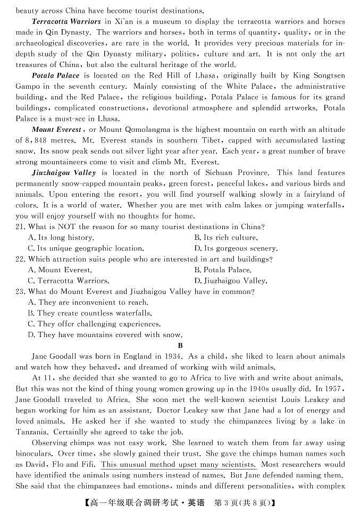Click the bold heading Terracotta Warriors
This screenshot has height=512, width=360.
point(66,21)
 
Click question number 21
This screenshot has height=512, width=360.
point(21,227)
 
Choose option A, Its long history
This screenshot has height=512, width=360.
point(61,238)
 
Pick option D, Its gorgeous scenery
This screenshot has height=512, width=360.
point(236,248)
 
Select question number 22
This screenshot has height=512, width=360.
point(21,259)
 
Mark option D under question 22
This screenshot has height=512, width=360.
point(231,281)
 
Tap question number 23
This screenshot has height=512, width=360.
point(21,291)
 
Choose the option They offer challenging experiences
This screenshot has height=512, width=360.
point(94,324)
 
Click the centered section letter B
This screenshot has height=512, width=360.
point(180,346)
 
